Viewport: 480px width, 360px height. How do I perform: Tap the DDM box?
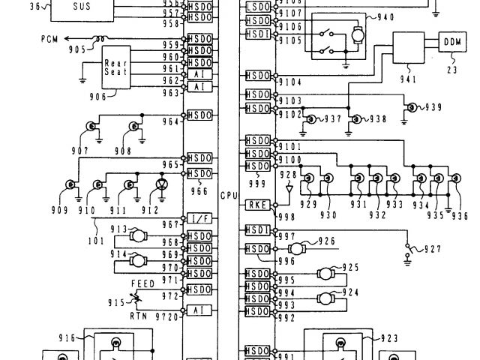pyautogui.click(x=452, y=41)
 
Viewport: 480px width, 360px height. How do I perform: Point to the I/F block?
pyautogui.click(x=199, y=218)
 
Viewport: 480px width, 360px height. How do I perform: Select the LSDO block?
pyautogui.click(x=257, y=7)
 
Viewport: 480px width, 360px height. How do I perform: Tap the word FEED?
pyautogui.click(x=142, y=283)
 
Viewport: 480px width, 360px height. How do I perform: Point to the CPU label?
pyautogui.click(x=229, y=194)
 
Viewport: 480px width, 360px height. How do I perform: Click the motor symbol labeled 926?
pyautogui.click(x=299, y=248)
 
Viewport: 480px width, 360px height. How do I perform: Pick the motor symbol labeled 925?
pyautogui.click(x=326, y=274)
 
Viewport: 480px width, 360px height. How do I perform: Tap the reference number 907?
pyautogui.click(x=81, y=150)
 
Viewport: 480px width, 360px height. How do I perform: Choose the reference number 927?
pyautogui.click(x=432, y=250)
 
